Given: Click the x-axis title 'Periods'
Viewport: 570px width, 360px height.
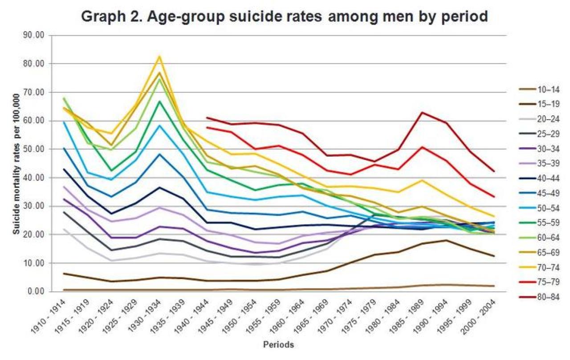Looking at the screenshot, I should pyautogui.click(x=278, y=344).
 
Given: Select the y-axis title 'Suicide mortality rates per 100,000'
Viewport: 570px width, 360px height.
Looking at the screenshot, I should pyautogui.click(x=16, y=164).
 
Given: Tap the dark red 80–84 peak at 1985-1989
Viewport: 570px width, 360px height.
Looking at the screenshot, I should pyautogui.click(x=422, y=113).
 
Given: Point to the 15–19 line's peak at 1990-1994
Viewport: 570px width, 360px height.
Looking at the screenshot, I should pyautogui.click(x=446, y=240).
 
